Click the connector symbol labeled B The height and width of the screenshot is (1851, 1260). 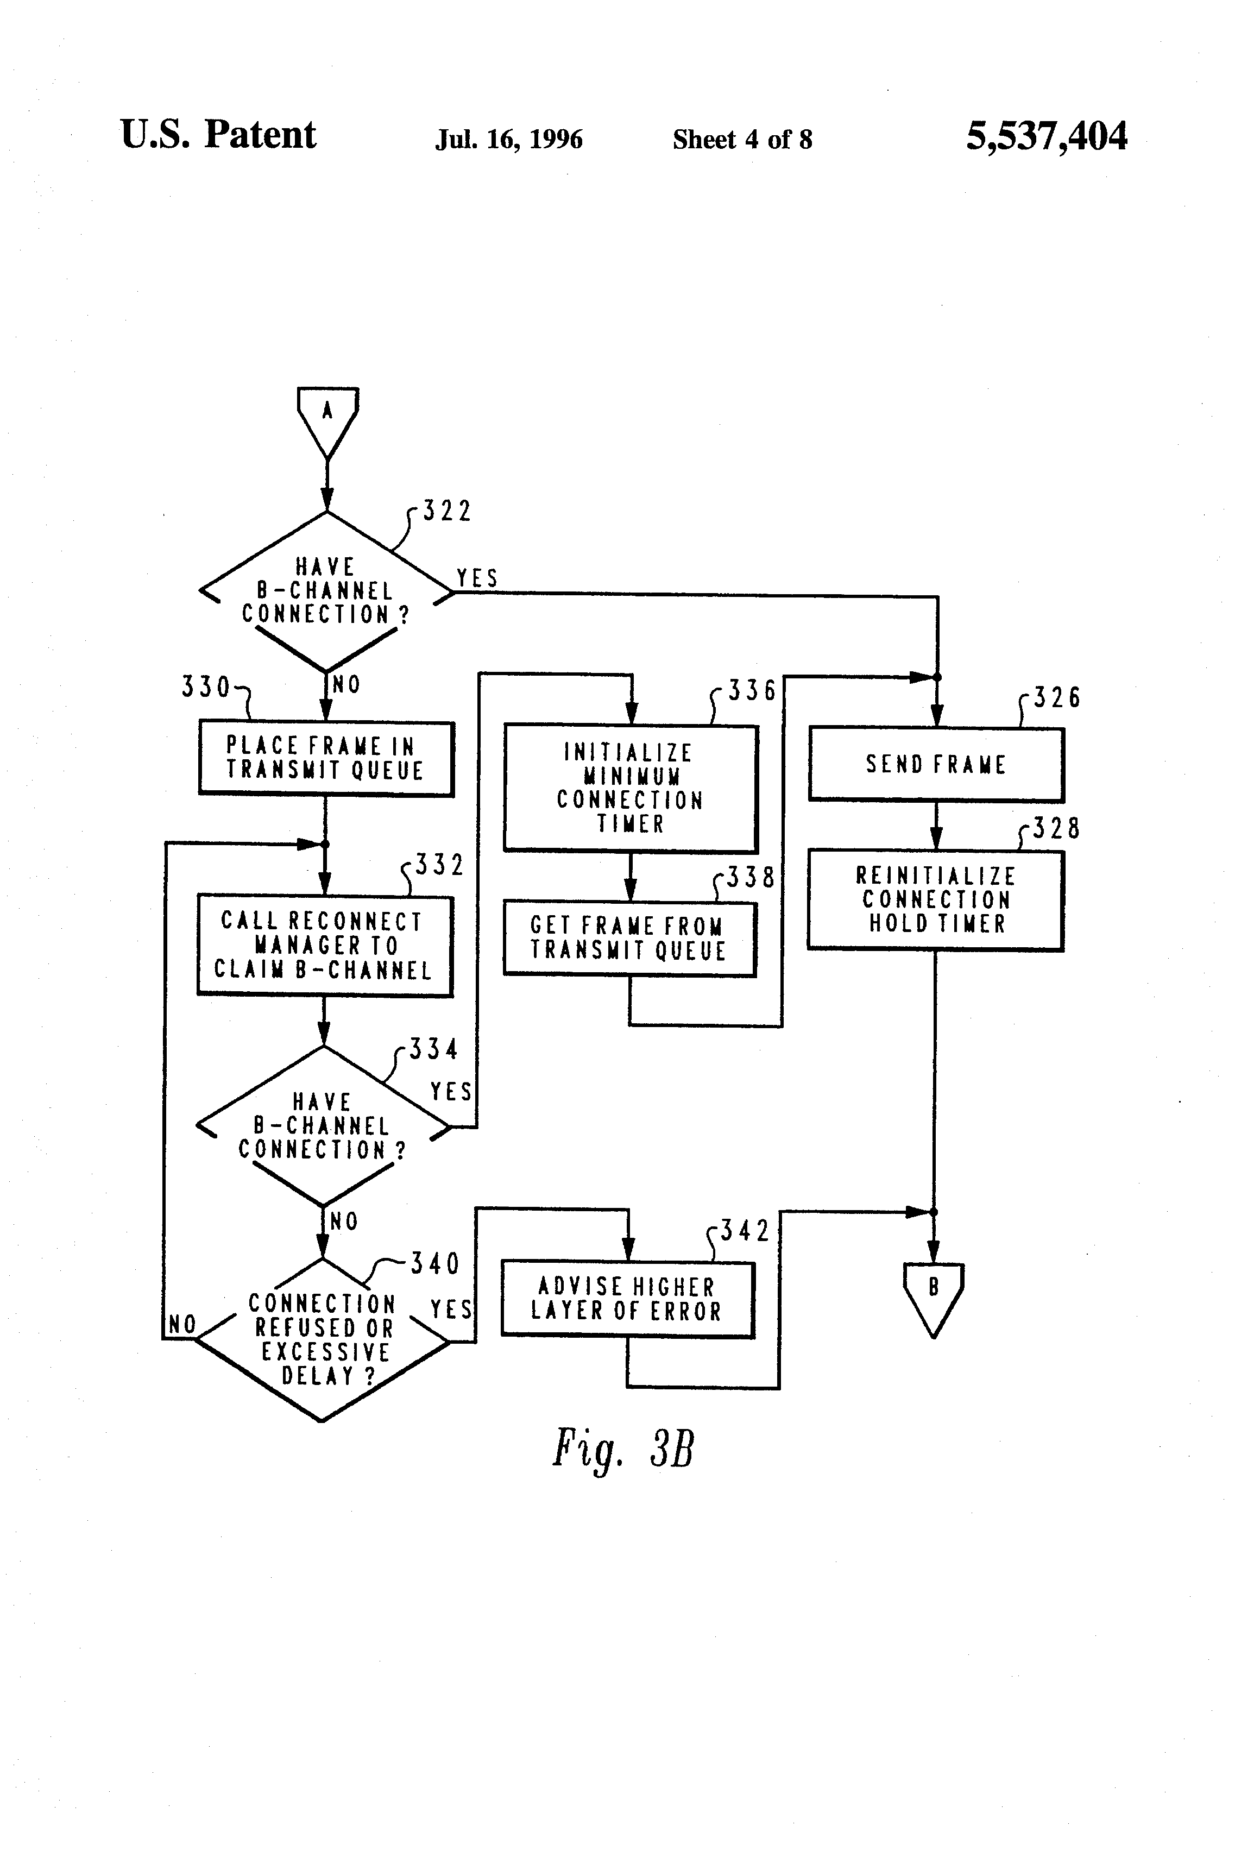click(934, 1293)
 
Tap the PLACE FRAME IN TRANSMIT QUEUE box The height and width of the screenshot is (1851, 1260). click(326, 758)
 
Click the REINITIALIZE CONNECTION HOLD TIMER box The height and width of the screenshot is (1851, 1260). click(935, 900)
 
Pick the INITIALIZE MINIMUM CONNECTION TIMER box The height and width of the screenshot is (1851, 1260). click(630, 788)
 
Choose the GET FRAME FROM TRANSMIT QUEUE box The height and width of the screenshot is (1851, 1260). click(629, 938)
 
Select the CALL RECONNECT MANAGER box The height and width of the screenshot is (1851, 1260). click(324, 946)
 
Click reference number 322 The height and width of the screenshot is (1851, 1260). click(447, 511)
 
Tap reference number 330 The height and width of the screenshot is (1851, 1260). click(205, 687)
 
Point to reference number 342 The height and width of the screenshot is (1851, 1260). click(745, 1231)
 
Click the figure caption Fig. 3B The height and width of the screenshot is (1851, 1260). click(623, 1449)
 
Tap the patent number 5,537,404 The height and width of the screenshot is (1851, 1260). click(1046, 136)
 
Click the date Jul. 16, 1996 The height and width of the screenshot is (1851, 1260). click(508, 140)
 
